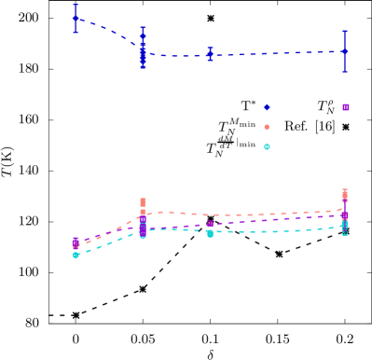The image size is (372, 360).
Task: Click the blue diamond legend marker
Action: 267,107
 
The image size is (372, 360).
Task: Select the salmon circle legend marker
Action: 267,127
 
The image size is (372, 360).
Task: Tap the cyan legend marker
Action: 267,146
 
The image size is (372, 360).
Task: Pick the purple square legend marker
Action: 346,107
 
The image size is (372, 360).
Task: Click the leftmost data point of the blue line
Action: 76,18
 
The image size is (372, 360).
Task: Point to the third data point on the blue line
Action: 210,54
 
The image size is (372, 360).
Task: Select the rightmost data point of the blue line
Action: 344,51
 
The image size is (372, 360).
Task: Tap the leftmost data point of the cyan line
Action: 76,254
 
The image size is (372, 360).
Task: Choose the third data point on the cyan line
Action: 210,233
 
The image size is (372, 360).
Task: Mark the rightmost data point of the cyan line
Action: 344,227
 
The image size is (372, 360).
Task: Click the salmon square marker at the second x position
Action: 143,201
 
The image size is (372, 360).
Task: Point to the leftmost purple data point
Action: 76,242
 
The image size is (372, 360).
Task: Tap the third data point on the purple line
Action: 210,224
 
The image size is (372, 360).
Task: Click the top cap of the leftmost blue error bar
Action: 76,5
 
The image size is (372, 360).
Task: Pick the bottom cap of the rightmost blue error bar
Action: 344,71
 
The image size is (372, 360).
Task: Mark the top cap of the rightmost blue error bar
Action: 344,31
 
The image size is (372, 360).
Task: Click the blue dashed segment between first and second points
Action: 109,34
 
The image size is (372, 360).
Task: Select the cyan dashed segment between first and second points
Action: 109,243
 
